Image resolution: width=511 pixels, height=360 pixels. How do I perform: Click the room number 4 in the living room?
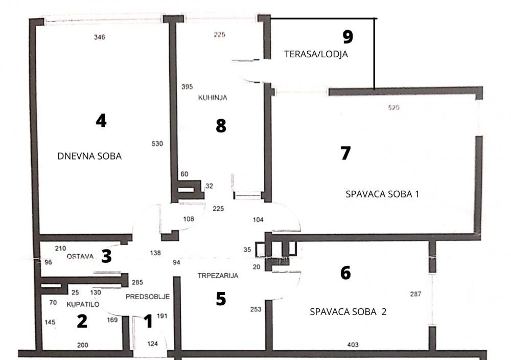pyautogui.click(x=101, y=121)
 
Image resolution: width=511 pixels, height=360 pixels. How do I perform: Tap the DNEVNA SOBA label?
pyautogui.click(x=90, y=156)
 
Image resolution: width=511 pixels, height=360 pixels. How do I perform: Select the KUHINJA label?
pyautogui.click(x=212, y=97)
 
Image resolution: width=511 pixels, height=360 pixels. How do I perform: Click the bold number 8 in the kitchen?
pyautogui.click(x=221, y=125)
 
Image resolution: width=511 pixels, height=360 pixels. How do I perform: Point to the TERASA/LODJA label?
pyautogui.click(x=316, y=54)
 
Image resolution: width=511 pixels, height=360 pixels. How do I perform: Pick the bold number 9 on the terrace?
pyautogui.click(x=347, y=36)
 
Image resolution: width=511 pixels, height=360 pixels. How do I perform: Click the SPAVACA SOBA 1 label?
pyautogui.click(x=382, y=194)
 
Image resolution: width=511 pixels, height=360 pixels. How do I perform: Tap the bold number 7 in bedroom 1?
pyautogui.click(x=346, y=153)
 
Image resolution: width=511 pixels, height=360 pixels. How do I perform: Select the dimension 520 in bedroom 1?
pyautogui.click(x=393, y=108)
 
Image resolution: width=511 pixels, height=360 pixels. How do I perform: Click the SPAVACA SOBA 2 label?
pyautogui.click(x=348, y=311)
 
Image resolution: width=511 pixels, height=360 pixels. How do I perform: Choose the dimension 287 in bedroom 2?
pyautogui.click(x=416, y=294)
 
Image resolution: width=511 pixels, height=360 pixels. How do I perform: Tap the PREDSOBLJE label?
pyautogui.click(x=147, y=296)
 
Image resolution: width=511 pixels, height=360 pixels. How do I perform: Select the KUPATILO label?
pyautogui.click(x=83, y=304)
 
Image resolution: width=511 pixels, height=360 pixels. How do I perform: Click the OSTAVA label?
pyautogui.click(x=79, y=257)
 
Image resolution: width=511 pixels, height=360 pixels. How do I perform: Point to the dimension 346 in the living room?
pyautogui.click(x=100, y=37)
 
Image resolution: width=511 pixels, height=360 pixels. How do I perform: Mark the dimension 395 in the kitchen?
pyautogui.click(x=187, y=87)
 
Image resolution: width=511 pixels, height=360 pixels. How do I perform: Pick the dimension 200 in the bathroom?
pyautogui.click(x=82, y=345)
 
